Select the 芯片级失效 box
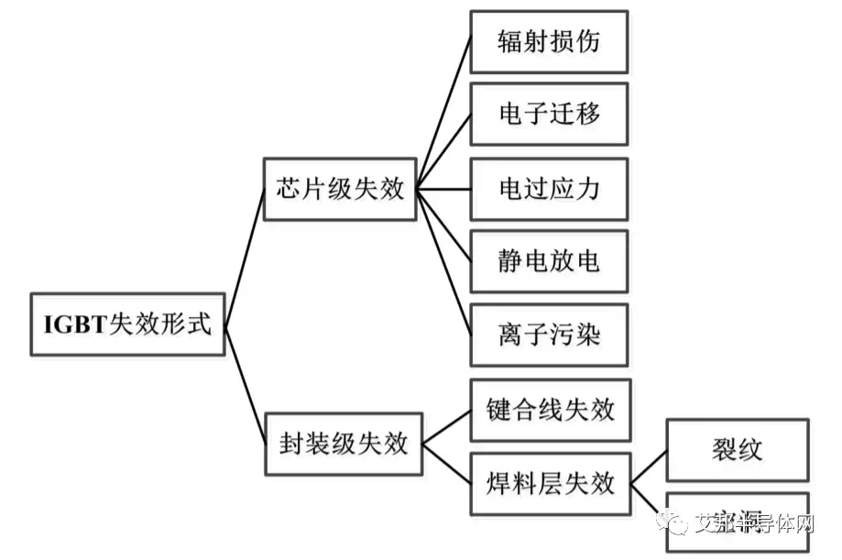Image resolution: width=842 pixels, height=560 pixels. [340, 189]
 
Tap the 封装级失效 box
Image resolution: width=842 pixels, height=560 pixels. [343, 445]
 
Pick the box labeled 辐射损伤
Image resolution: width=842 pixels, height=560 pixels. [549, 42]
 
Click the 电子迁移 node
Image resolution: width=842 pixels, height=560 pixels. [549, 114]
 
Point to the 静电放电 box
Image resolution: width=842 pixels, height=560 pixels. [549, 261]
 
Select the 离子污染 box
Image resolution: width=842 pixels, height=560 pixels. [549, 335]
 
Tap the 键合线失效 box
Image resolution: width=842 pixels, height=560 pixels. [550, 410]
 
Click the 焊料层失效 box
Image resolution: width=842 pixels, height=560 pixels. [550, 483]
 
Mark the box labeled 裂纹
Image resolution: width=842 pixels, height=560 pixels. [737, 450]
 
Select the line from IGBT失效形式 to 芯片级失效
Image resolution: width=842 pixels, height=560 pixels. [245, 258]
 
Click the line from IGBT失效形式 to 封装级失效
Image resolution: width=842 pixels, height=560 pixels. [245, 385]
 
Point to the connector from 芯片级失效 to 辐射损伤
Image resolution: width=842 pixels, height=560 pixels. [443, 115]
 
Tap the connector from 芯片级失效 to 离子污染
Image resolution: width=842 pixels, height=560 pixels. [443, 262]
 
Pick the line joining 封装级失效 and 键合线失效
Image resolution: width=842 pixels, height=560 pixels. [446, 427]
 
